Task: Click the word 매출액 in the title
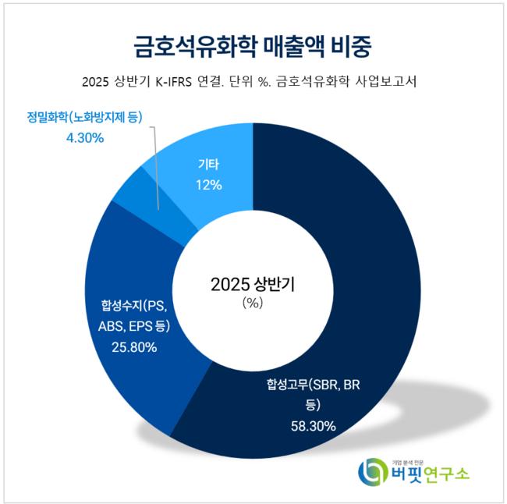point(285,44)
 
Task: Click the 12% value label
point(210,186)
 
